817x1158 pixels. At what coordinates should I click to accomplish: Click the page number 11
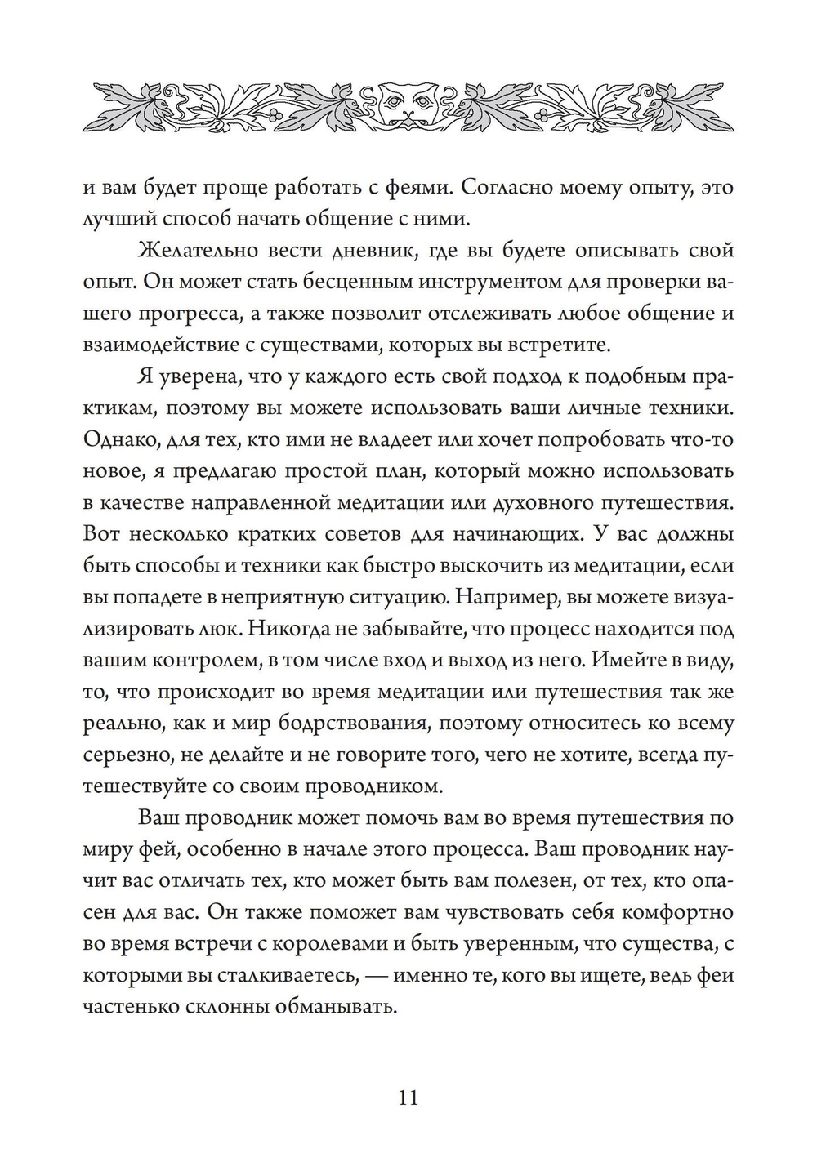(x=408, y=1097)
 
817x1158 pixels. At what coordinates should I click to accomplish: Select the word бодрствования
(x=357, y=724)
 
